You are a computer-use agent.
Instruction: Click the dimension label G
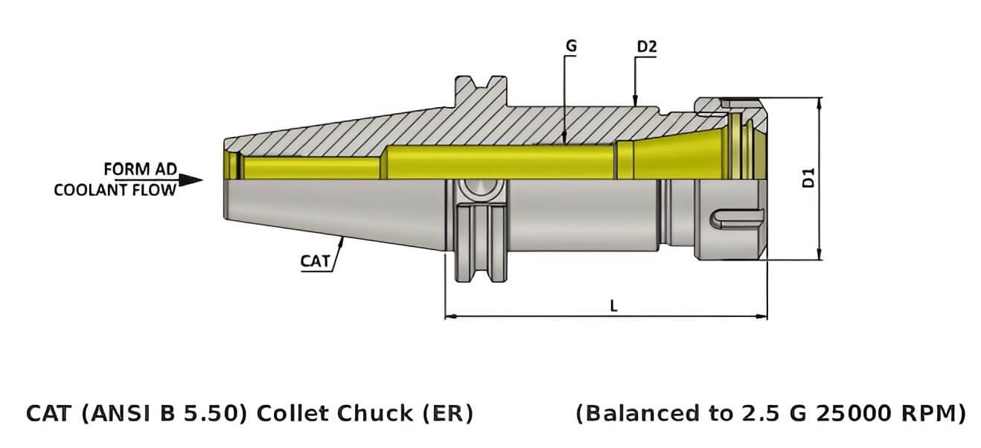coord(571,46)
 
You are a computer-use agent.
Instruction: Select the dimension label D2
coord(646,47)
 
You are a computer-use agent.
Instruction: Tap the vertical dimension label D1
coord(810,178)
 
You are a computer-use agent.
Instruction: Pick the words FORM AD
coord(140,170)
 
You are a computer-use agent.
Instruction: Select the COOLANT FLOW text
coord(115,190)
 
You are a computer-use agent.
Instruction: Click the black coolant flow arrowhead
coord(192,180)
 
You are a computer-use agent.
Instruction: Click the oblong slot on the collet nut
coord(738,219)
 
